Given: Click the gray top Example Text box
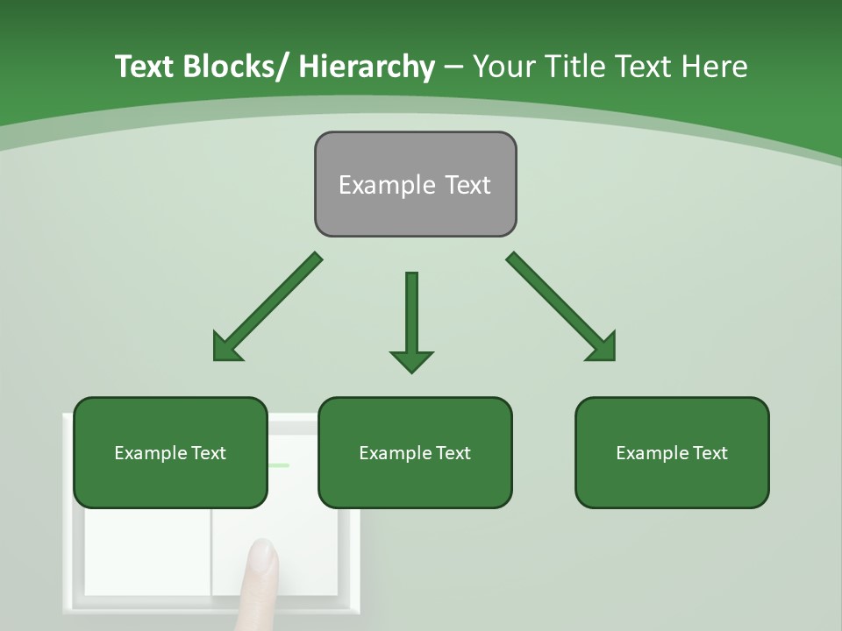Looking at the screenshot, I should click(415, 184).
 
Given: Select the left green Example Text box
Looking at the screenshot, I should click(170, 452).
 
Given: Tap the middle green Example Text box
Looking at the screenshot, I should click(415, 452).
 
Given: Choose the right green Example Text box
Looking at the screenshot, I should click(672, 452).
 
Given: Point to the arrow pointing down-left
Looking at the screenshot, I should click(268, 307).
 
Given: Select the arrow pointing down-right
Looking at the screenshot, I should click(561, 307).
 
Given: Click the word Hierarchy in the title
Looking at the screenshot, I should click(367, 67).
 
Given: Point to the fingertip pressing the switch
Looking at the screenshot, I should click(261, 557).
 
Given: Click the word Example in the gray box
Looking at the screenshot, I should click(375, 185).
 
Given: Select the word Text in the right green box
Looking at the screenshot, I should click(710, 453).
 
